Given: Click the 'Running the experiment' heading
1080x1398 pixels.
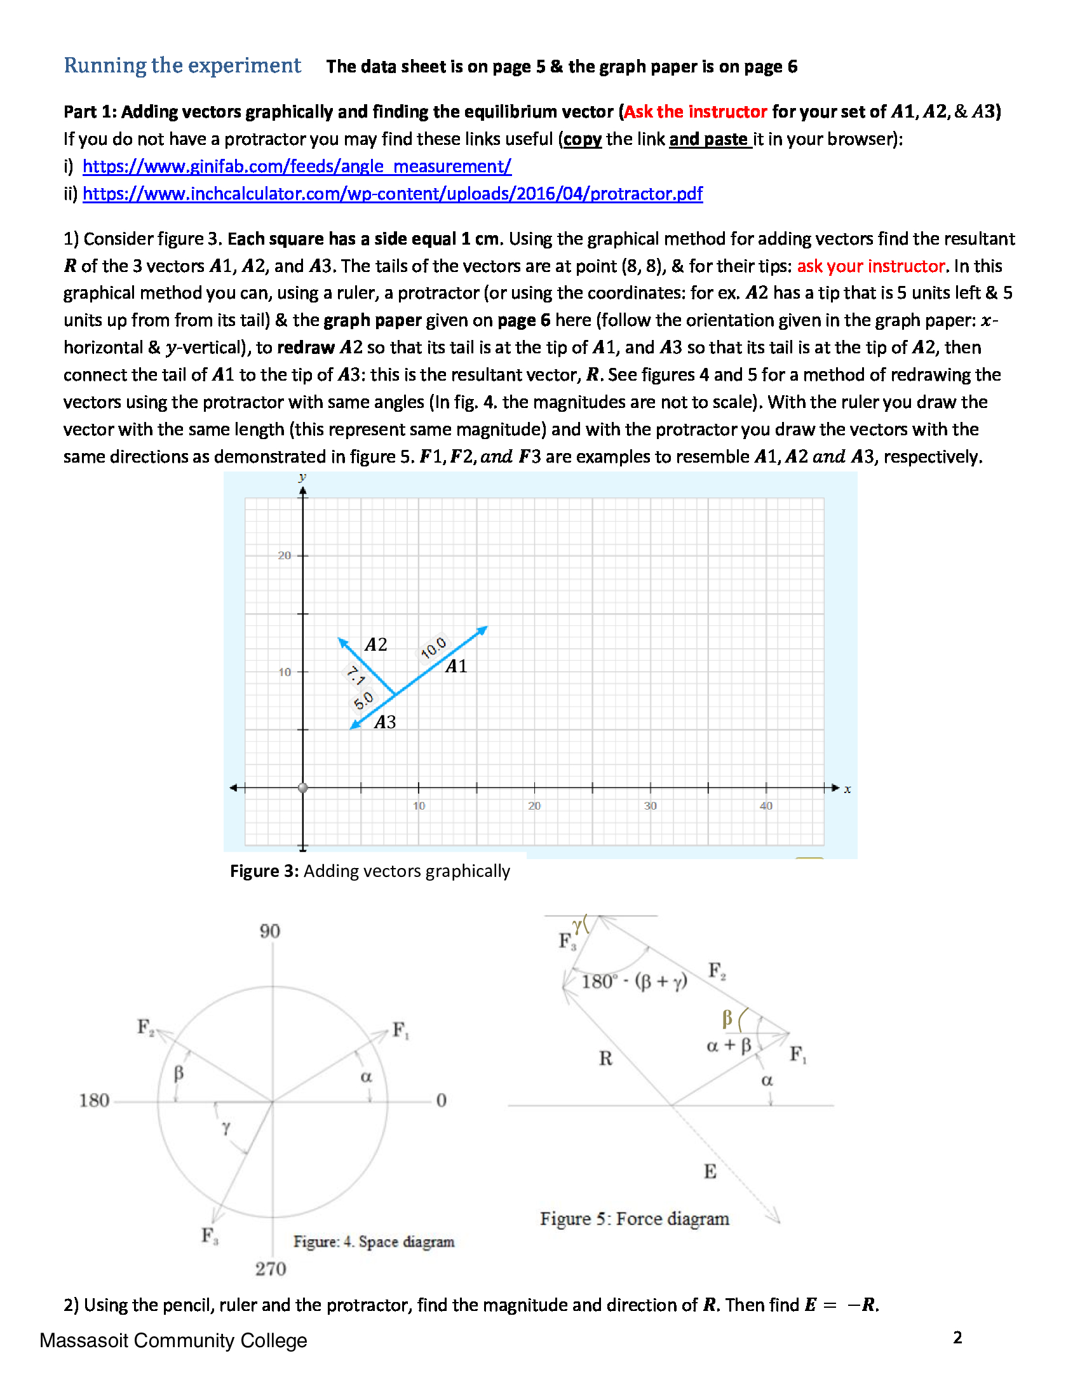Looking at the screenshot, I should (x=182, y=65).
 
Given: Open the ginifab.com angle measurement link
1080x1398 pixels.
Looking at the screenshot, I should (x=297, y=166).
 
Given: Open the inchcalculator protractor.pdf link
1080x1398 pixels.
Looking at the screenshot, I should (x=392, y=194).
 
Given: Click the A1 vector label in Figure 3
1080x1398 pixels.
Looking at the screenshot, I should (x=456, y=667).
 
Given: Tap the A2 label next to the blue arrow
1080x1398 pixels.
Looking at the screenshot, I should (x=376, y=644).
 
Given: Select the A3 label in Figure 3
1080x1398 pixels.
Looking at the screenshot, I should (x=384, y=723).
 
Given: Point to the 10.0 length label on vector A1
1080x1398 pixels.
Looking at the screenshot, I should (x=434, y=648).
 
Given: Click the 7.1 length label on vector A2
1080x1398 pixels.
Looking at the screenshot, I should (x=355, y=675).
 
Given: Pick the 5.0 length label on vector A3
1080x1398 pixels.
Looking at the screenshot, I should (x=363, y=701).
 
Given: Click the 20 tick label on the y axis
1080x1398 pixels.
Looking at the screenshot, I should (x=284, y=555).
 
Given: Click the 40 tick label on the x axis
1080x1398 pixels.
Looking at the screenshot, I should (x=766, y=806).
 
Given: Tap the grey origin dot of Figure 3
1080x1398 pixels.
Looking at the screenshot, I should (x=303, y=788).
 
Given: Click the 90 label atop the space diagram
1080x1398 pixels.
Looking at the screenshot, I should (x=270, y=932).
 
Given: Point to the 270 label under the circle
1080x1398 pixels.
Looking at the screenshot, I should (x=271, y=1269).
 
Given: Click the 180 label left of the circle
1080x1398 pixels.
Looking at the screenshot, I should (x=94, y=1101).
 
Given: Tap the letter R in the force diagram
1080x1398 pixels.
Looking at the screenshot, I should (x=605, y=1059).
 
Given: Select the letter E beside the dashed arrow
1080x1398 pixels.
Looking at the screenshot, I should (x=710, y=1172).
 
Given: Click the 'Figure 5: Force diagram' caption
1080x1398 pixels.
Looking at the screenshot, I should (x=634, y=1219).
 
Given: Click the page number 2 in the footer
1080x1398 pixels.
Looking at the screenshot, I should (x=957, y=1338).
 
